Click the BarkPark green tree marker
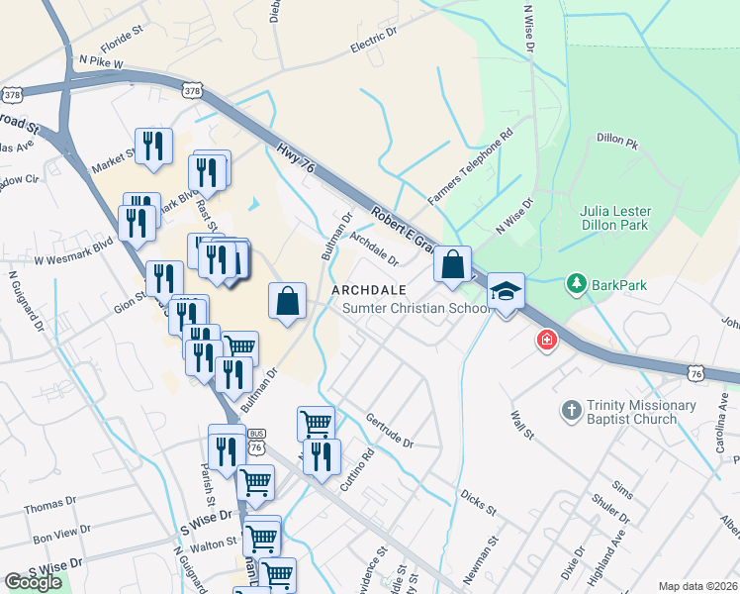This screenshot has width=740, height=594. point(577,285)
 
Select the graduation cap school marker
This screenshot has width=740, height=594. point(506,291)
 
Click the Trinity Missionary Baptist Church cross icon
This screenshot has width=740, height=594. point(571,410)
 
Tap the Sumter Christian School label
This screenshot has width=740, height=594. point(416,308)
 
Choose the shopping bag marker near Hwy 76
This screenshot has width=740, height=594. point(452,264)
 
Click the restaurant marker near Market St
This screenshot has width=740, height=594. point(153,147)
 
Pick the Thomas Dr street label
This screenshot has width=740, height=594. point(50,507)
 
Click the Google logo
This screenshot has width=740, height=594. point(33,582)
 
